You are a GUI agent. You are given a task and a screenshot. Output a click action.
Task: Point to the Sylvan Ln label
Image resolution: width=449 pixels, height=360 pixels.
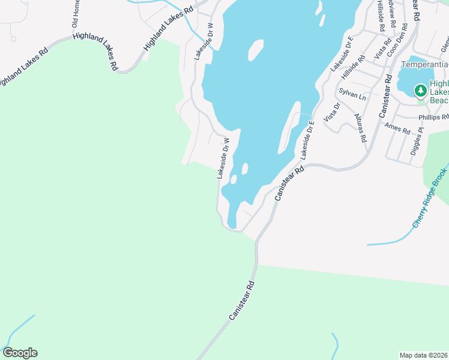pyautogui.click(x=352, y=93)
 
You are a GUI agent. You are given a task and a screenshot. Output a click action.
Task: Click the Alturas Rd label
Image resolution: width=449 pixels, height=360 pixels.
pyautogui.click(x=360, y=127)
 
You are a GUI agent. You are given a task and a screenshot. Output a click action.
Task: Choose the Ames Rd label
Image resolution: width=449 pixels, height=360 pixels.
pyautogui.click(x=397, y=128)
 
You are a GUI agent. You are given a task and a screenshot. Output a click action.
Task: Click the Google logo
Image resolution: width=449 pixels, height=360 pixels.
pyautogui.click(x=20, y=353)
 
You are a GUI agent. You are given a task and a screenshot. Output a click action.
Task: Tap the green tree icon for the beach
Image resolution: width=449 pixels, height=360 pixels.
pyautogui.click(x=421, y=91)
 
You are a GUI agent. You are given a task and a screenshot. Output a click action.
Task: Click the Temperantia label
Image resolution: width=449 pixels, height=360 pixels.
pyautogui.click(x=424, y=64)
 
